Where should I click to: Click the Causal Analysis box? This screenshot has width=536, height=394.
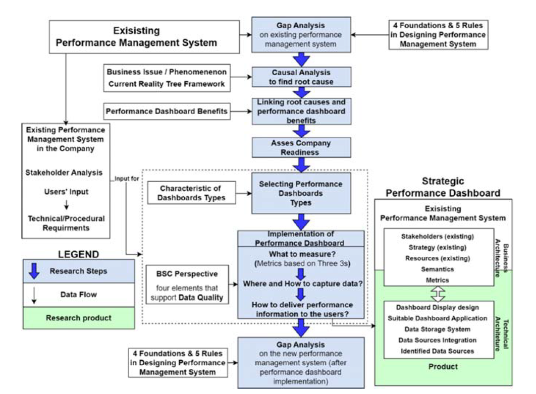pyautogui.click(x=301, y=77)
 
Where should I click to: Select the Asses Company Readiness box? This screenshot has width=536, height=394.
pyautogui.click(x=301, y=147)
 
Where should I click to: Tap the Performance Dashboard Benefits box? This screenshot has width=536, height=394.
pyautogui.click(x=167, y=110)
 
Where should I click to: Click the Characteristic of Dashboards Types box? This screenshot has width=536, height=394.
pyautogui.click(x=191, y=193)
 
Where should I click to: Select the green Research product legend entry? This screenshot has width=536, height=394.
pyautogui.click(x=78, y=318)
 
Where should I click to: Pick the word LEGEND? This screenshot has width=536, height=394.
pyautogui.click(x=78, y=254)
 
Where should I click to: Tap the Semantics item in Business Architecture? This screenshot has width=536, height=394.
pyautogui.click(x=438, y=269)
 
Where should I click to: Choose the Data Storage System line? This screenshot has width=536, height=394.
pyautogui.click(x=438, y=329)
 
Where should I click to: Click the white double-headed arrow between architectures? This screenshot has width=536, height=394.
pyautogui.click(x=438, y=293)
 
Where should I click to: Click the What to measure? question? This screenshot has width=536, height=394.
pyautogui.click(x=302, y=254)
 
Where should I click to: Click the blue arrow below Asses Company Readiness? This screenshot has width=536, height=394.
pyautogui.click(x=301, y=164)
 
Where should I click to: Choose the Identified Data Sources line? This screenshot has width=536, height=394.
pyautogui.click(x=438, y=351)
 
